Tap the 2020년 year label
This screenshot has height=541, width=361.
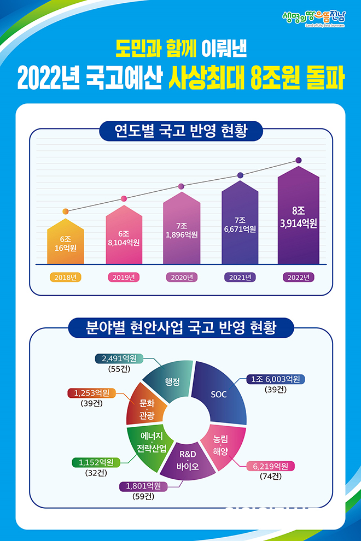pyautogui.click(x=182, y=278)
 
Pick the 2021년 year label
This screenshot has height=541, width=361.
pyautogui.click(x=240, y=278)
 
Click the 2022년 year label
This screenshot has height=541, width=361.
pyautogui.click(x=299, y=278)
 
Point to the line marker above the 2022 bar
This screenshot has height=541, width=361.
pyautogui.click(x=299, y=160)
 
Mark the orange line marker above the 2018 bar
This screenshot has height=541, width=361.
pyautogui.click(x=66, y=211)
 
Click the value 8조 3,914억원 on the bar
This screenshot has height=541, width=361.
pyautogui.click(x=299, y=217)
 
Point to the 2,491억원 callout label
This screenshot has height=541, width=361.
pyautogui.click(x=119, y=359)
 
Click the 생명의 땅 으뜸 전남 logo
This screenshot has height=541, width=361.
pyautogui.click(x=314, y=20)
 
